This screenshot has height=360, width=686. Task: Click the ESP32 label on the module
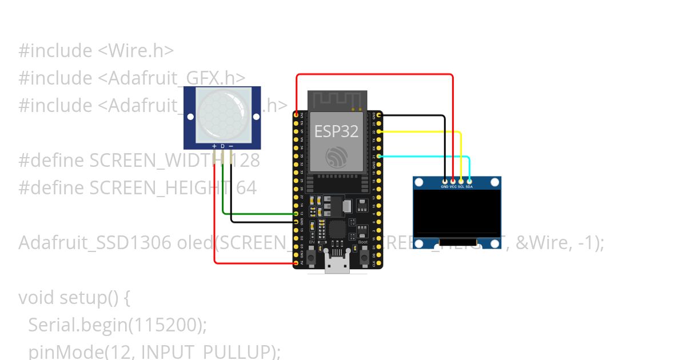336,131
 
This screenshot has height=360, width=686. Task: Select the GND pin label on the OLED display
445,187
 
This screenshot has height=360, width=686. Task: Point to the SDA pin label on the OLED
469,187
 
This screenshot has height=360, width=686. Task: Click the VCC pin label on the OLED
453,187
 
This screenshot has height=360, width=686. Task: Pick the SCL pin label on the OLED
461,187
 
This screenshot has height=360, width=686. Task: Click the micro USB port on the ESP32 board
337,264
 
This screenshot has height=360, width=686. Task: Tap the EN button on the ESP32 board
312,257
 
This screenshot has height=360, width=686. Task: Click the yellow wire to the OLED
423,132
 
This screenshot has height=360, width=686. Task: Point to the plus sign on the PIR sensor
214,146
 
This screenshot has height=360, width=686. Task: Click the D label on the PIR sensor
222,146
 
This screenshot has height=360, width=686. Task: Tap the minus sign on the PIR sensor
230,146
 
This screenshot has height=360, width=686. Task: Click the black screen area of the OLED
457,214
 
